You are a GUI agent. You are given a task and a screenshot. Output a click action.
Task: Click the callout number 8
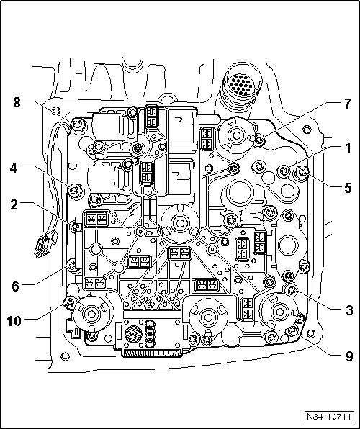tap(17, 103)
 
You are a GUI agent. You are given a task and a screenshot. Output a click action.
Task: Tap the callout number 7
tap(347, 104)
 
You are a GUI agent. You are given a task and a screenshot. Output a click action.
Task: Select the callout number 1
tap(348, 148)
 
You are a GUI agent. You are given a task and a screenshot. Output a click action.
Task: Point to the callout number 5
tap(348, 188)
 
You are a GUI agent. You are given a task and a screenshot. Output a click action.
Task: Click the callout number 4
tap(14, 168)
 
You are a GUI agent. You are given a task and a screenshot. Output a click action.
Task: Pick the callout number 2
tap(14, 205)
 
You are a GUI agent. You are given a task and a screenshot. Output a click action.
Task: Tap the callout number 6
tap(16, 286)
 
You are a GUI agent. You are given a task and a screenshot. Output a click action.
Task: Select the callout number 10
tap(14, 320)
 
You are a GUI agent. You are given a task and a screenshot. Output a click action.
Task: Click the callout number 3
tap(348, 310)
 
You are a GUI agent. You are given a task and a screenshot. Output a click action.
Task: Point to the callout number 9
tap(348, 357)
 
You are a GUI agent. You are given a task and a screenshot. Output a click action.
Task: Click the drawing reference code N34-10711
tap(329, 417)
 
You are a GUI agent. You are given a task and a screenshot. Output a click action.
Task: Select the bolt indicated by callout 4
tap(75, 189)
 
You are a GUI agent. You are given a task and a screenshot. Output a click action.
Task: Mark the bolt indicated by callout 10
tap(70, 302)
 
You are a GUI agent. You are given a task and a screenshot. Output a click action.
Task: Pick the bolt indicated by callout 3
tap(291, 290)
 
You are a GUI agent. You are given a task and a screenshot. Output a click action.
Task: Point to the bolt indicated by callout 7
tap(259, 140)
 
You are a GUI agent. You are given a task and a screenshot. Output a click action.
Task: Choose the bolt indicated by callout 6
tap(73, 265)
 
